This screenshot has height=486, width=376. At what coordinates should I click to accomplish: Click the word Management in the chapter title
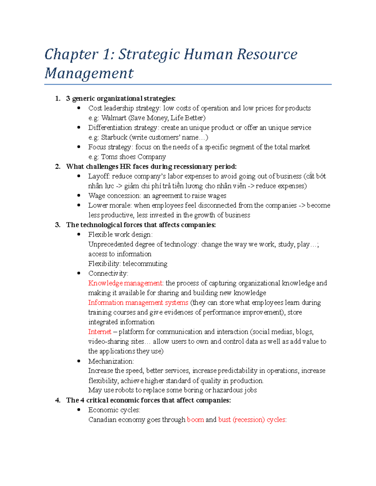click(89, 74)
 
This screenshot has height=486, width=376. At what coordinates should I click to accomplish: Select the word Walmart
click(113, 118)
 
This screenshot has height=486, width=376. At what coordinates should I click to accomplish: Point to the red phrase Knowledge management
click(125, 283)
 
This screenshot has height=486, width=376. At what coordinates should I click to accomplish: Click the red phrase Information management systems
click(138, 303)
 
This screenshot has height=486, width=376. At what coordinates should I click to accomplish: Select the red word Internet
click(100, 332)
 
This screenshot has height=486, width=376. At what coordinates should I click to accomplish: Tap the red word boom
click(195, 420)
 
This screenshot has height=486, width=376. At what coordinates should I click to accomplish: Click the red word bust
click(224, 420)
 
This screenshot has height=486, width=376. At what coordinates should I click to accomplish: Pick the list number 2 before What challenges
click(58, 166)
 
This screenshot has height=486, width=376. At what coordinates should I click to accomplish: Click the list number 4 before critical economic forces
click(58, 400)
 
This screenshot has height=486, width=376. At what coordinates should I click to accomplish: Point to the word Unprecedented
click(111, 244)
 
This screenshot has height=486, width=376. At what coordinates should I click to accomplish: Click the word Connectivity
click(107, 274)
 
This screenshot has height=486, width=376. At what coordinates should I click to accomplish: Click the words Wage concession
click(114, 196)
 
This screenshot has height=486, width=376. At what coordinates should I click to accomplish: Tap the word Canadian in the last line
click(102, 420)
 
